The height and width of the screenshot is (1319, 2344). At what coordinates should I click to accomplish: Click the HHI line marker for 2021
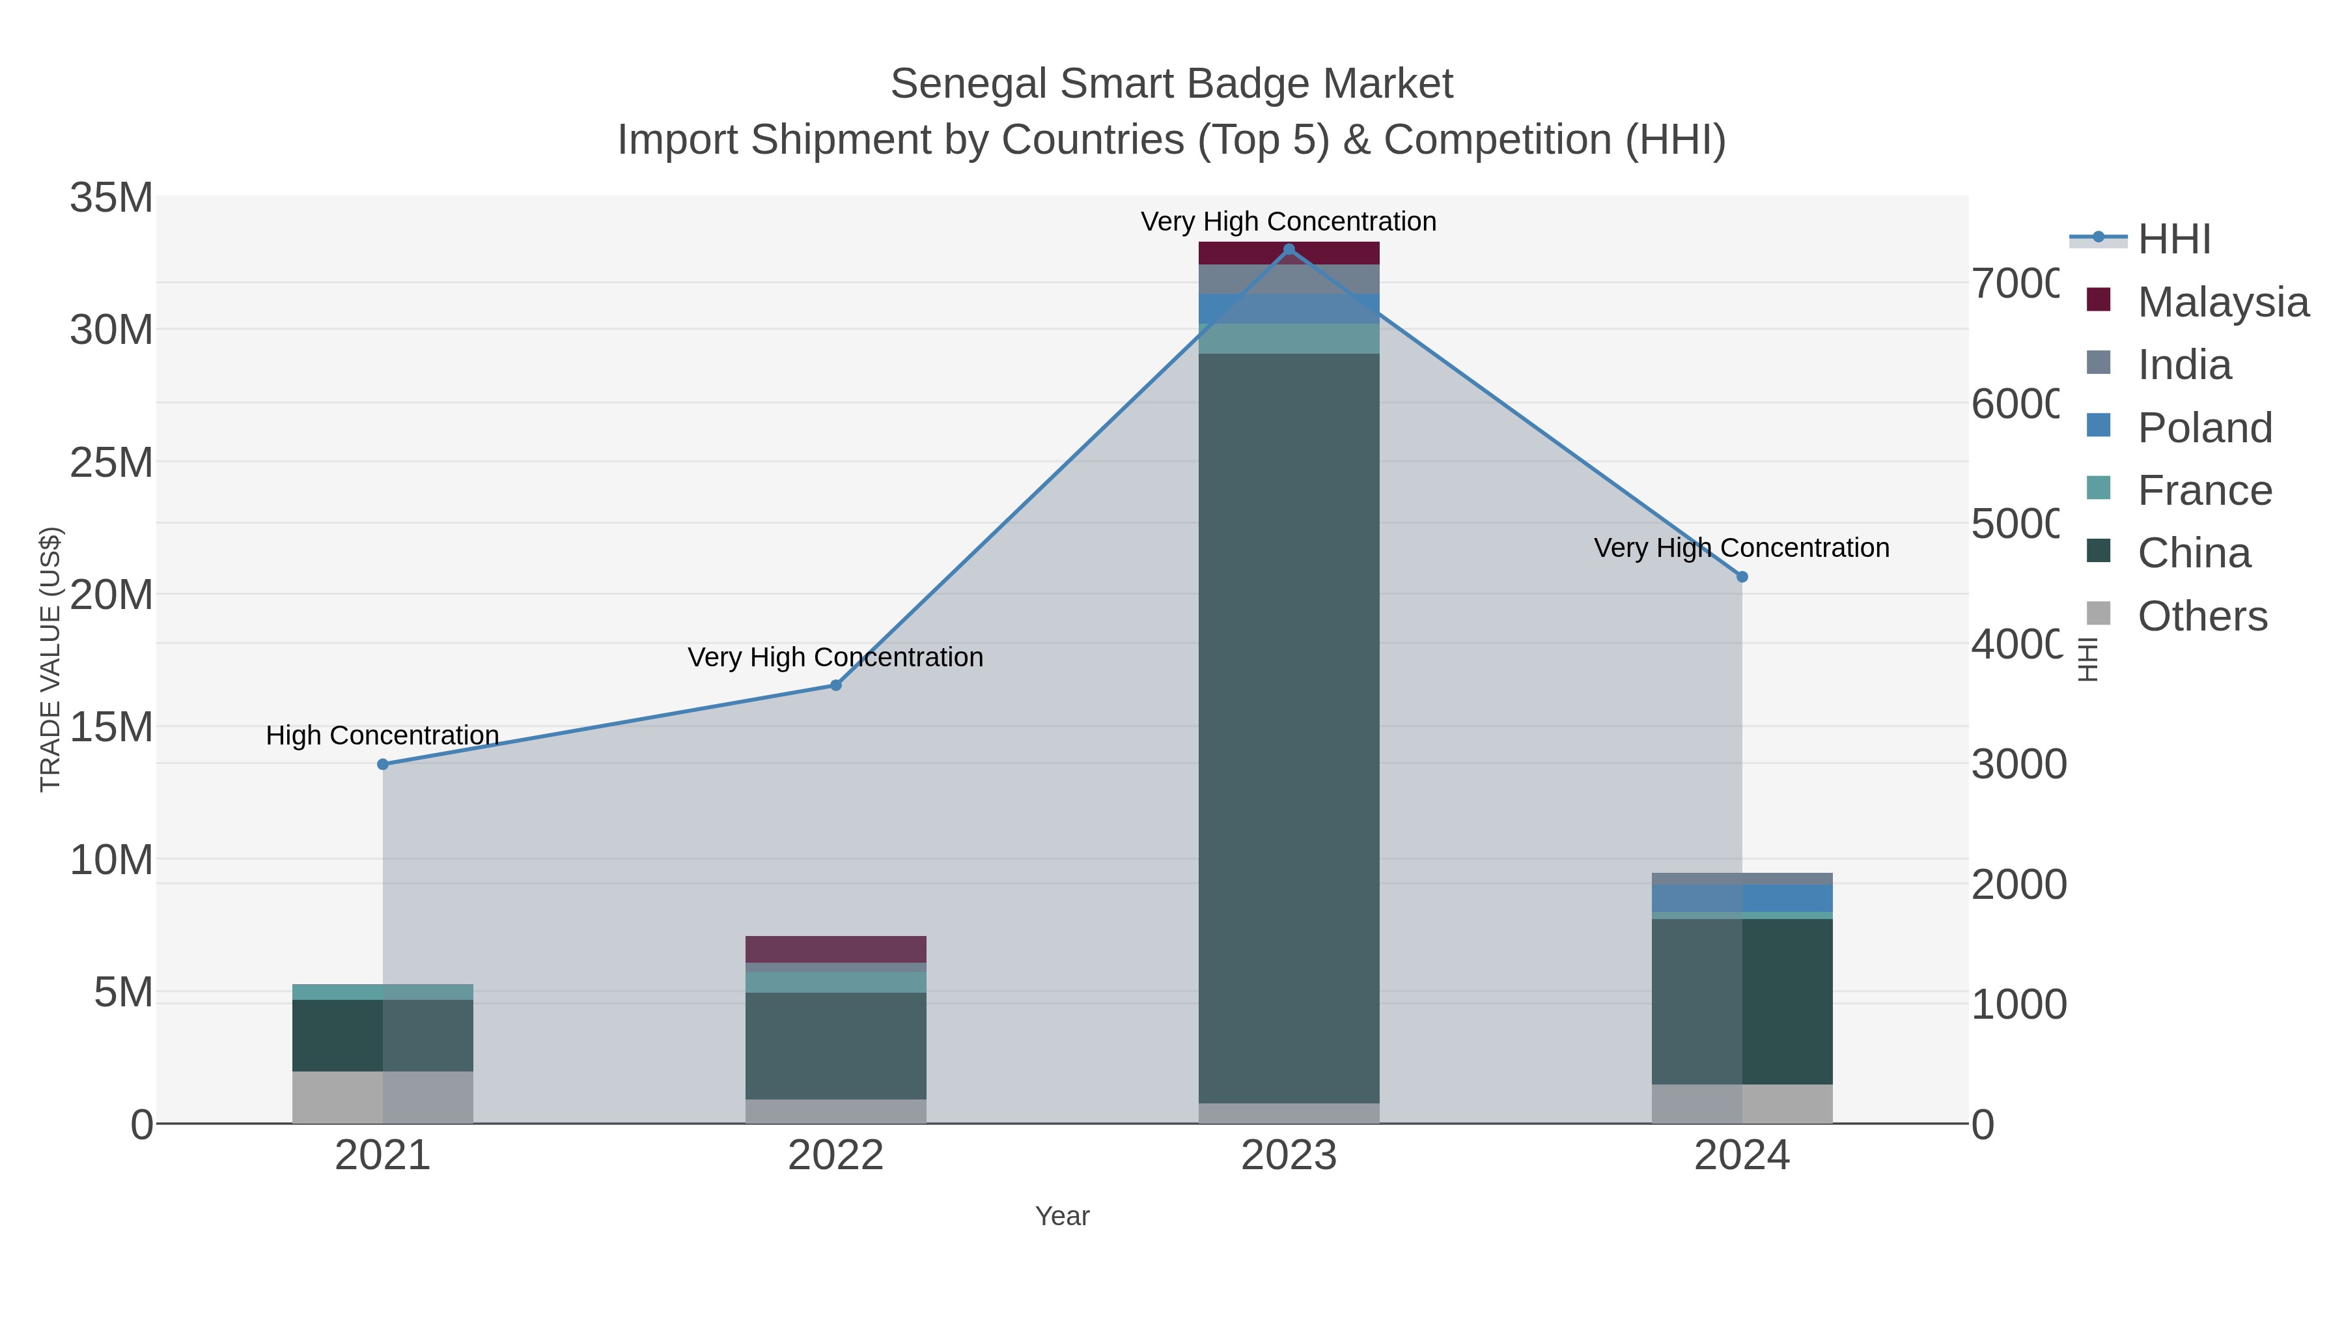[x=382, y=764]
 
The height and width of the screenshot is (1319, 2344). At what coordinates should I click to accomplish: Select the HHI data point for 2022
[x=835, y=685]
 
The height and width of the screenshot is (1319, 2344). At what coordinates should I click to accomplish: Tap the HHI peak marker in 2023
[x=1289, y=249]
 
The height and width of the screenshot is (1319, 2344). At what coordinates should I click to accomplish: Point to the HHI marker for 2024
[x=1742, y=576]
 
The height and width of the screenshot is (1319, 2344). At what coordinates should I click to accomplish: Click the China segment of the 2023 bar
[x=1289, y=728]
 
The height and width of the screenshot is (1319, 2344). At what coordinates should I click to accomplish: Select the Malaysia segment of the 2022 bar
[x=835, y=948]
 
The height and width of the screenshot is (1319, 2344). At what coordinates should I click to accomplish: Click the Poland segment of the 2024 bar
[x=1742, y=898]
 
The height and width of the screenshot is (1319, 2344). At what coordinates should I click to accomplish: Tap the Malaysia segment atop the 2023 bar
[x=1289, y=254]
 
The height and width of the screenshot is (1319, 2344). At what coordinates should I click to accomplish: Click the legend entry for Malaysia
[x=2221, y=302]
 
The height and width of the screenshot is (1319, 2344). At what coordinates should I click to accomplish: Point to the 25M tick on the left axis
[x=111, y=462]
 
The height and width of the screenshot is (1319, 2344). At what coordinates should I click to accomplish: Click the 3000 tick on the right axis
[x=2018, y=764]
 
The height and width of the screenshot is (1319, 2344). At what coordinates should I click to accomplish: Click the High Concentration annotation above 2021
[x=382, y=735]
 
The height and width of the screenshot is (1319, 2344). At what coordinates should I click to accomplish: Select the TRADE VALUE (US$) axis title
[x=50, y=659]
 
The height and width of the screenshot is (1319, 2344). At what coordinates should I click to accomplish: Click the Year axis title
[x=1062, y=1215]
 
